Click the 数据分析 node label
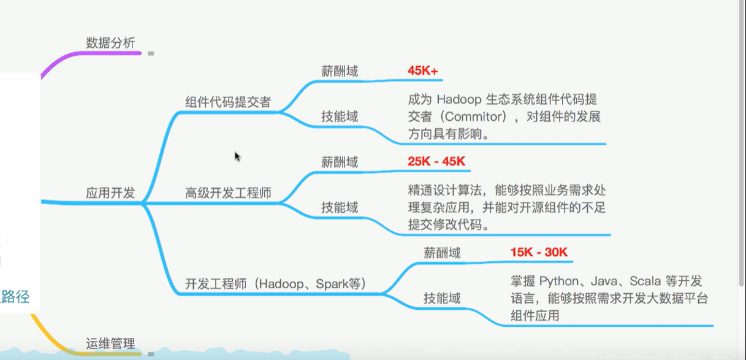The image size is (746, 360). coord(110,42)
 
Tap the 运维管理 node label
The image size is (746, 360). coord(110,343)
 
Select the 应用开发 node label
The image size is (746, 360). coord(110,193)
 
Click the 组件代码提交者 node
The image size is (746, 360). coord(228,102)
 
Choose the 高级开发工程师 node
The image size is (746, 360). coord(228,193)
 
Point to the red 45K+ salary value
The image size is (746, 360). coord(423,71)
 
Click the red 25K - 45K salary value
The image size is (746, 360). coord(436,162)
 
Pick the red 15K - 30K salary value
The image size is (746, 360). coord(539,252)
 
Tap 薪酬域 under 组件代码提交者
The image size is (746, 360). coord(340,71)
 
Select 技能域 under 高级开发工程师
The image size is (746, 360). coord(340,207)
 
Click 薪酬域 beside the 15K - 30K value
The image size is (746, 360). coord(442,252)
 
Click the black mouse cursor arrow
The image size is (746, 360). coord(237,156)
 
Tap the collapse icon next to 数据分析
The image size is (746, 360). coord(151,54)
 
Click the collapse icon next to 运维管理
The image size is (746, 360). coord(151,354)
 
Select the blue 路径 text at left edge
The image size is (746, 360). coord(17,297)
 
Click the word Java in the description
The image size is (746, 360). coord(603,281)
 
